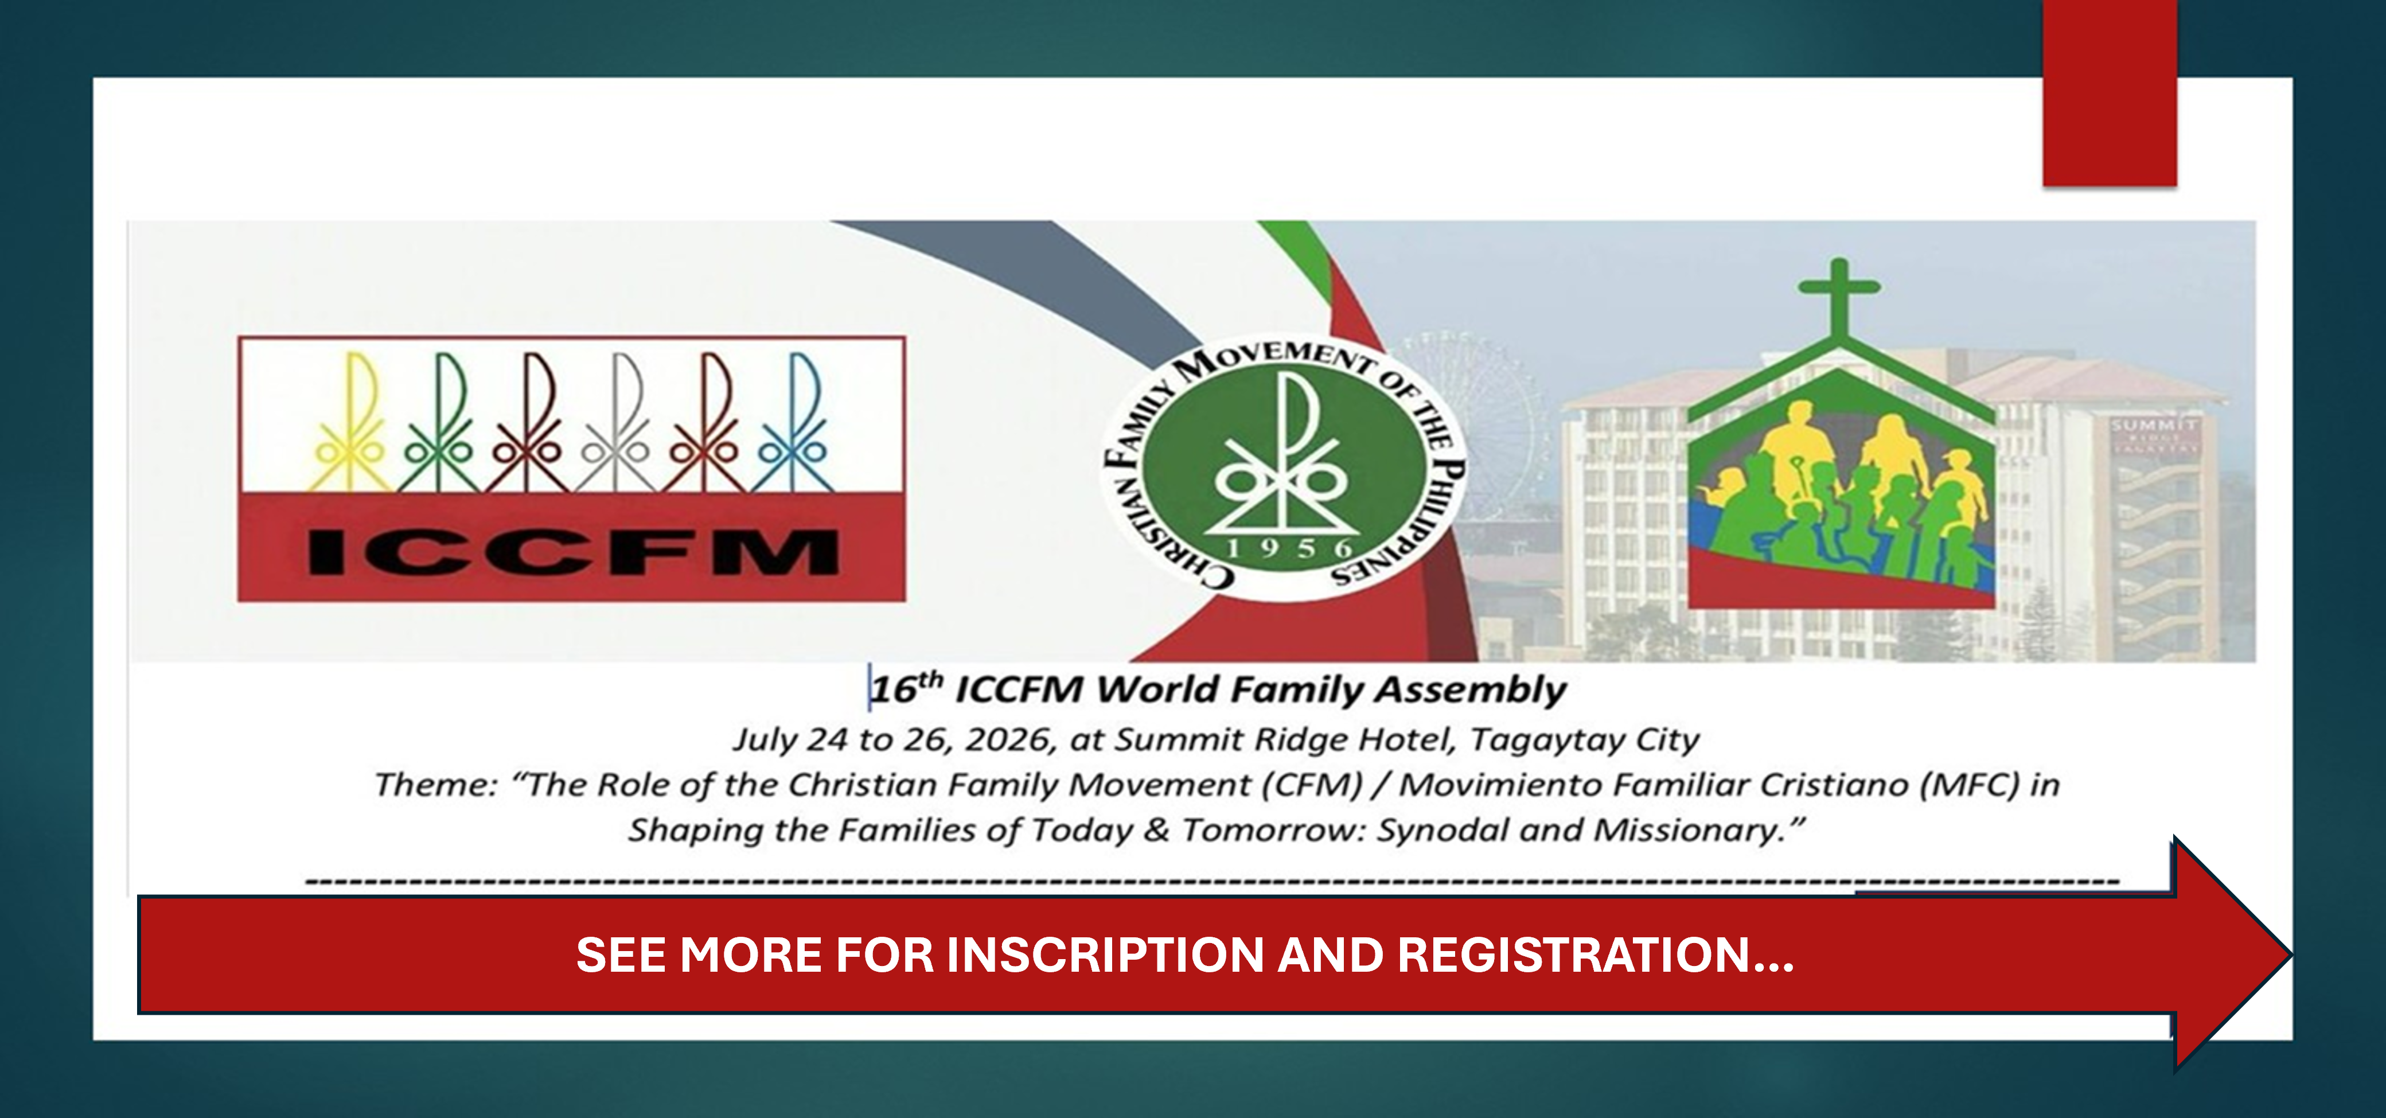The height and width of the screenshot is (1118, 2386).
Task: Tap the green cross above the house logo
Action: pyautogui.click(x=1839, y=297)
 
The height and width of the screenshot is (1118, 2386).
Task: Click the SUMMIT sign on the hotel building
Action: pyautogui.click(x=2154, y=424)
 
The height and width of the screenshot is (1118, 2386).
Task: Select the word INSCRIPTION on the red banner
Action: pyautogui.click(x=1106, y=955)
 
